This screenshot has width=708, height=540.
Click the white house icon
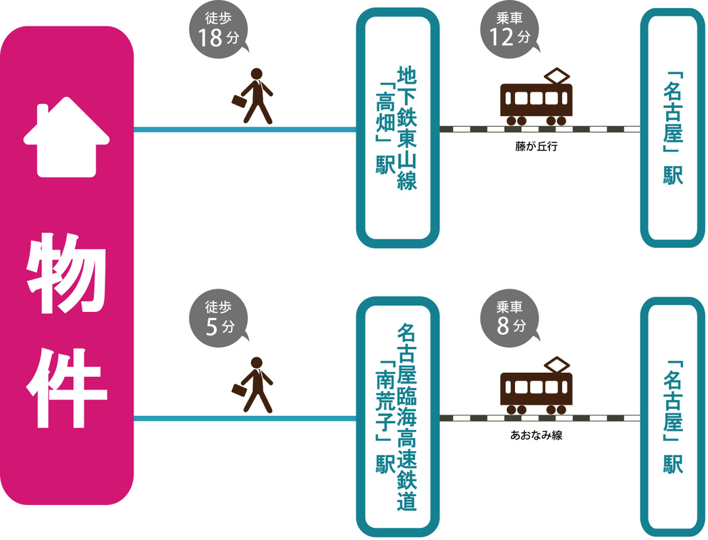[67, 137]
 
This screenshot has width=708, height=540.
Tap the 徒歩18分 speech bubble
[219, 30]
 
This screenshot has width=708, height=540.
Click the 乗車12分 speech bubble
[510, 30]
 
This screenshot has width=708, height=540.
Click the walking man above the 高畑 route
[254, 96]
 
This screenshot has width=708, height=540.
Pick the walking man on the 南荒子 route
[254, 385]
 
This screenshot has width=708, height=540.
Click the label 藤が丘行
[537, 146]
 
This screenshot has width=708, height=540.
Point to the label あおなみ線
[537, 435]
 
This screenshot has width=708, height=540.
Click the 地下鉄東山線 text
[407, 128]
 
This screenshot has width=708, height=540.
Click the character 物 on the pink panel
[66, 273]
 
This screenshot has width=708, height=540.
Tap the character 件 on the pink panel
[66, 387]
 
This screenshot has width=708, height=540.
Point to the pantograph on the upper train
[557, 76]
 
